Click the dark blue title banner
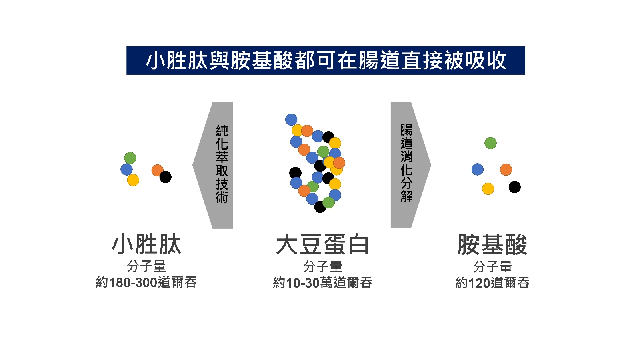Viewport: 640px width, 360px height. [x=326, y=60]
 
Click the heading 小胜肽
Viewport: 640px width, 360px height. [x=146, y=244]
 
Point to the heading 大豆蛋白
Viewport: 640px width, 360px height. [x=322, y=244]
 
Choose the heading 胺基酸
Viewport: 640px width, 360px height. [x=492, y=244]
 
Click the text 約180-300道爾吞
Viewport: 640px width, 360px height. [x=146, y=282]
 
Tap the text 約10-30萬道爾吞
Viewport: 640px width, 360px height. [x=322, y=282]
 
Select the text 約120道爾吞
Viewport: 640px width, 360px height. [x=492, y=283]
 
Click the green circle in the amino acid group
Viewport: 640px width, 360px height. [x=490, y=143]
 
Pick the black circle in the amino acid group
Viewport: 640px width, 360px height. [x=514, y=187]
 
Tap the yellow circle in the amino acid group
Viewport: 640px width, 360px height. [x=488, y=189]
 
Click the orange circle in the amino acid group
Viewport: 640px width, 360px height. [x=506, y=170]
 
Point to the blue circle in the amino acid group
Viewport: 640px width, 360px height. [x=478, y=170]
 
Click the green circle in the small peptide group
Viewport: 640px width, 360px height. [x=130, y=158]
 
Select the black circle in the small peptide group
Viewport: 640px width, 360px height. [x=166, y=177]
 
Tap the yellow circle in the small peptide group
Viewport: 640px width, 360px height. [x=133, y=180]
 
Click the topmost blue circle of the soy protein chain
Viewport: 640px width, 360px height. [x=291, y=120]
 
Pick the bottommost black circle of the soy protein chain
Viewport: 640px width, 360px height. [x=320, y=206]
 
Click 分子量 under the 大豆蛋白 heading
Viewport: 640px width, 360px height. [x=322, y=266]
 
